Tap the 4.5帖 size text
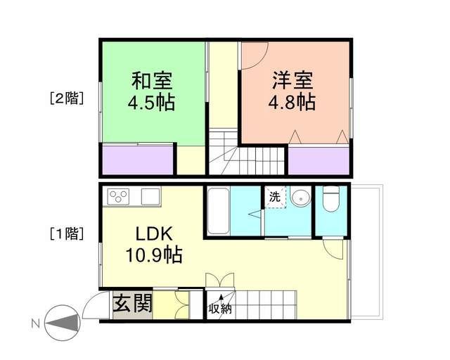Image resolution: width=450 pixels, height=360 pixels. click(150, 103)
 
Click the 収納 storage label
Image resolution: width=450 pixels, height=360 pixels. click(219, 308)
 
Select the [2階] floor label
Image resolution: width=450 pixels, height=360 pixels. click(66, 98)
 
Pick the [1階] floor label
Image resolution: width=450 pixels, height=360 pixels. click(66, 233)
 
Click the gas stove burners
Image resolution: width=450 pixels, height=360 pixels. click(119, 196)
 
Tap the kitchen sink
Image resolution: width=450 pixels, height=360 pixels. click(150, 196)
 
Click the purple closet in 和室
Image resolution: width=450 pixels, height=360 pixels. click(138, 159)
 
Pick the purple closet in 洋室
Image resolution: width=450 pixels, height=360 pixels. click(319, 160)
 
